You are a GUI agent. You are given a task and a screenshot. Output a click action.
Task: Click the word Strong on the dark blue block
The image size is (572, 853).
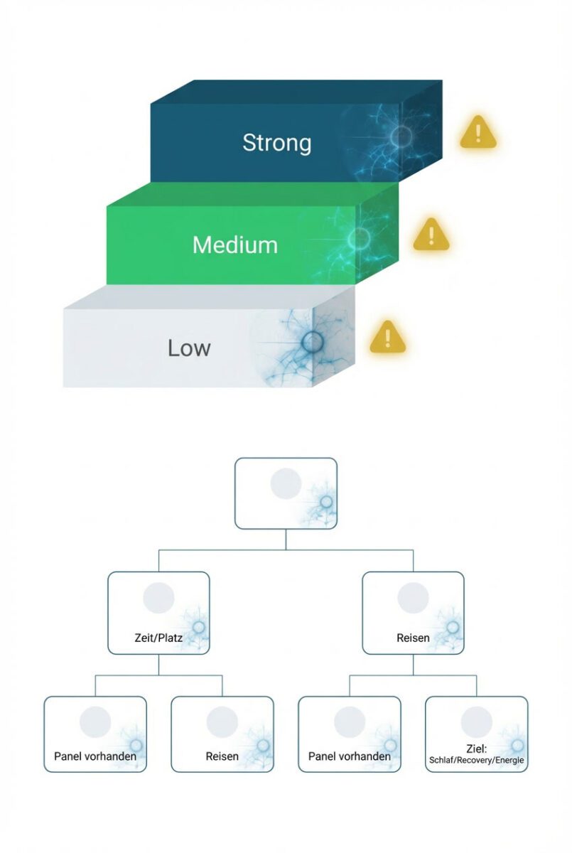(x=276, y=142)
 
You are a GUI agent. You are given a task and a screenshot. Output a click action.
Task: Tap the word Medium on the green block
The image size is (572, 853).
(x=234, y=245)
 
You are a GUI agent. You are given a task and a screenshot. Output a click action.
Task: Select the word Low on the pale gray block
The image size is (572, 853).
(x=189, y=348)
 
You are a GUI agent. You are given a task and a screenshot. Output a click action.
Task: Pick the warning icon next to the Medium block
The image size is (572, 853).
(x=431, y=234)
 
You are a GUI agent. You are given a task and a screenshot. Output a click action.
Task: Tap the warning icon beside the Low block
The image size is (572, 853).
(x=387, y=336)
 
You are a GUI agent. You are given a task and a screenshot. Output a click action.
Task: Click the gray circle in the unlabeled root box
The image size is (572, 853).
(x=286, y=483)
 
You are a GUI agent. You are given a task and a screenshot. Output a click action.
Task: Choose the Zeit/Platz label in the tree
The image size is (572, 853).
(x=158, y=638)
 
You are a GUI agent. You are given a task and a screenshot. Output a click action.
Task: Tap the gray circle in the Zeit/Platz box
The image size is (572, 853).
(x=158, y=598)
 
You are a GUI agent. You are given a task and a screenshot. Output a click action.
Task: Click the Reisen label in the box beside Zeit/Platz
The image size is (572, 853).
(x=413, y=638)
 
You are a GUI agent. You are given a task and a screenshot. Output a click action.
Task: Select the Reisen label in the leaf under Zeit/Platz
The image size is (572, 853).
(x=222, y=756)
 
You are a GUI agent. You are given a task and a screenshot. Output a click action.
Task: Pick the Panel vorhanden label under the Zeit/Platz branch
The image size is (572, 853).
(x=95, y=756)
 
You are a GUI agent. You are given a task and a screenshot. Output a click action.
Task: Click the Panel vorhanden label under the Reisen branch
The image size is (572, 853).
(x=350, y=756)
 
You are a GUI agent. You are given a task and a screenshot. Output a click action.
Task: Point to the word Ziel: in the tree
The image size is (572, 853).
(x=477, y=749)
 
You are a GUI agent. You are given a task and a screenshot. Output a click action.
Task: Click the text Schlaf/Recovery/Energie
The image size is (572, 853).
(x=477, y=761)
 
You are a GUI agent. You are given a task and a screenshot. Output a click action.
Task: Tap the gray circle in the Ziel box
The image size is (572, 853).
(x=477, y=721)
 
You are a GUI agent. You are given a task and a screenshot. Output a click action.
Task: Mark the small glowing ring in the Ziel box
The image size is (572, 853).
(x=517, y=745)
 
